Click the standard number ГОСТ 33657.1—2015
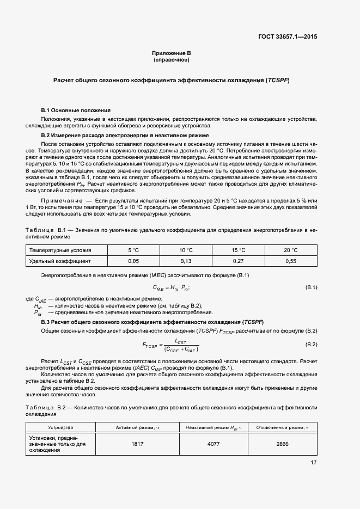point(288,37)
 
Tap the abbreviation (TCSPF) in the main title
point(277,81)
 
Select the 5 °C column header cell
point(133,250)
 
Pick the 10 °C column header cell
point(186,250)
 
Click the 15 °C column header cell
point(239,250)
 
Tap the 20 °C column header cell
point(291,250)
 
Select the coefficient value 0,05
point(133,261)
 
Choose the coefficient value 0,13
point(186,261)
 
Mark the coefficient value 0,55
point(291,261)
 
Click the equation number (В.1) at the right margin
point(311,287)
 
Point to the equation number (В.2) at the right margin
point(311,345)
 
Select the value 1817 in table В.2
point(137,444)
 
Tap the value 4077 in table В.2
point(213,444)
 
